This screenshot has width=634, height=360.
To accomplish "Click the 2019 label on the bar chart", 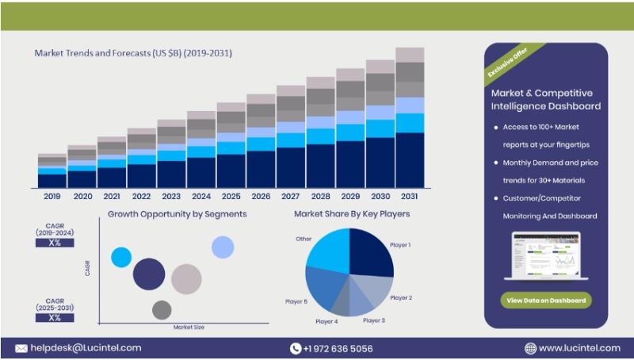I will (52, 196).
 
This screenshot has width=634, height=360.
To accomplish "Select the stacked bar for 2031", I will (410, 119).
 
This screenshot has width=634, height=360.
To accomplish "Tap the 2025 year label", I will (231, 196).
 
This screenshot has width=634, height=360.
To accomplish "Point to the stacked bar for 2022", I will (142, 159).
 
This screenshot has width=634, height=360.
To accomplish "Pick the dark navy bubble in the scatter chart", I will (148, 274).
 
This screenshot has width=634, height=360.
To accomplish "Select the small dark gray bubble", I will (162, 310).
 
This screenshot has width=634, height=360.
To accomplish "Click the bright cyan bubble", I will (121, 257).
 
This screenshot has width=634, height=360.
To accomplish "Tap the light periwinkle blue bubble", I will (223, 247).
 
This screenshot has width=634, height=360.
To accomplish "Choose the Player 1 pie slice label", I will (400, 245).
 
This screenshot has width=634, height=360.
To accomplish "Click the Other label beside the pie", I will (304, 238).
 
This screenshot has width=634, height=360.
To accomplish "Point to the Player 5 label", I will (296, 301).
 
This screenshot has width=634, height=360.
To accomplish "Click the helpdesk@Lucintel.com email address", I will (86, 347).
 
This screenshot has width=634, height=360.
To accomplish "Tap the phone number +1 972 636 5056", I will (337, 348).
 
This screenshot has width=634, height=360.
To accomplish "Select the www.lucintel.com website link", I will (579, 348).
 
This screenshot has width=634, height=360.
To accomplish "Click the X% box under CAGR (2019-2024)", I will (55, 243).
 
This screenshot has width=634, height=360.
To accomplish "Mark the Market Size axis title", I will (189, 326).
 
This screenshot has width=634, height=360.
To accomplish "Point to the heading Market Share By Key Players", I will (352, 214).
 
